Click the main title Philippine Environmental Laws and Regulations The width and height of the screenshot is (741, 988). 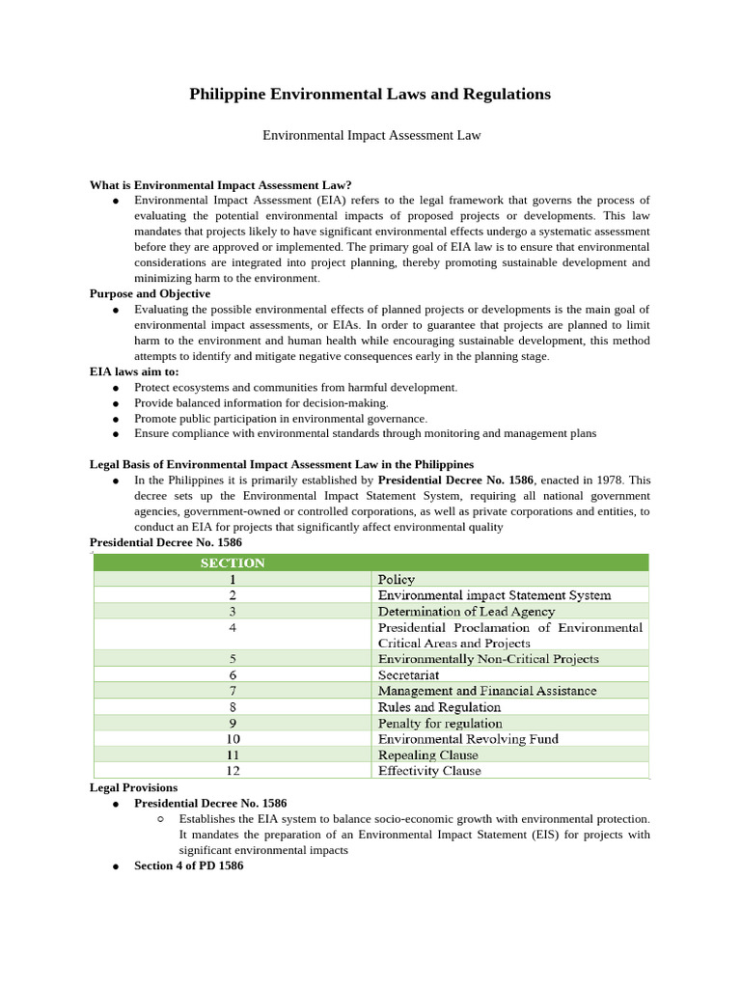[370, 94]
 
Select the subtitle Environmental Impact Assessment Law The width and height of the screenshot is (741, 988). [371, 136]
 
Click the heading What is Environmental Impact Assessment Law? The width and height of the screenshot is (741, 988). [220, 184]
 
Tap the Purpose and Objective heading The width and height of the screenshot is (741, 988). [150, 293]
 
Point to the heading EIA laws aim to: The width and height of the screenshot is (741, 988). [134, 371]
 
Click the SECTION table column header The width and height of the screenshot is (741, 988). [233, 563]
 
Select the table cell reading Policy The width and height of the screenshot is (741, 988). [397, 579]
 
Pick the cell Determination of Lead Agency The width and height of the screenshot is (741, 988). [466, 611]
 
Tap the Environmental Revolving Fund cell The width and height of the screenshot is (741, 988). [468, 739]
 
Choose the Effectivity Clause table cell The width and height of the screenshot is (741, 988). [429, 771]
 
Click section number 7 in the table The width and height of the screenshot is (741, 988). [233, 691]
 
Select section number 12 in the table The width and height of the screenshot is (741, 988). [233, 771]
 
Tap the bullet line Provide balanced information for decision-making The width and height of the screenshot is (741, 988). [261, 402]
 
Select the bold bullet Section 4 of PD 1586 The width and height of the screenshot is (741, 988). [188, 865]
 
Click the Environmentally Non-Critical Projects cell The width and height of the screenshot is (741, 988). [488, 659]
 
